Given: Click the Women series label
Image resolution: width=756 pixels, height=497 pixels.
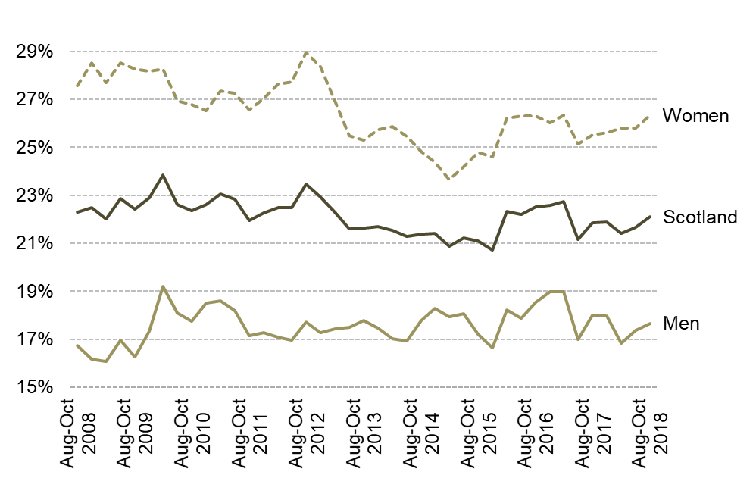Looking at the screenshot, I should [695, 116].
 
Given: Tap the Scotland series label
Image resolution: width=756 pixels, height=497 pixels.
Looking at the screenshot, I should [699, 217].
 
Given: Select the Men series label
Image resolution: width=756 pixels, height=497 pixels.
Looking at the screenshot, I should [680, 324].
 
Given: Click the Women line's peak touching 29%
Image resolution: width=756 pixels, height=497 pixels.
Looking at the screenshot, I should [305, 52].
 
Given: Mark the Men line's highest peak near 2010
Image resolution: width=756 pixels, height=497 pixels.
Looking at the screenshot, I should [163, 286].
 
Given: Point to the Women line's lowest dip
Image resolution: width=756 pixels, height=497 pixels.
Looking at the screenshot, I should [449, 180].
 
